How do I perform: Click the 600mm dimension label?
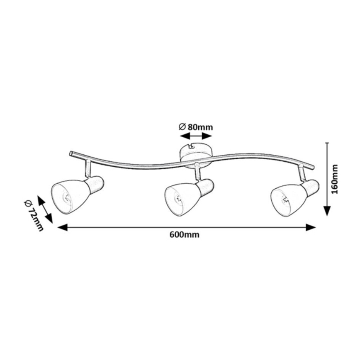(x=185, y=235)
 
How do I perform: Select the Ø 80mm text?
(x=196, y=127)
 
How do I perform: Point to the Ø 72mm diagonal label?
(x=34, y=215)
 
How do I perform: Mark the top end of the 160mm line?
(x=328, y=143)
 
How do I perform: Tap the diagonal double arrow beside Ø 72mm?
(x=45, y=210)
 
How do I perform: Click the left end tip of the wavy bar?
(x=71, y=153)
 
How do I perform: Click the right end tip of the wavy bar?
(x=313, y=168)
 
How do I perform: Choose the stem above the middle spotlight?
(x=197, y=171)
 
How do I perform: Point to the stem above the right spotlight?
(x=300, y=173)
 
